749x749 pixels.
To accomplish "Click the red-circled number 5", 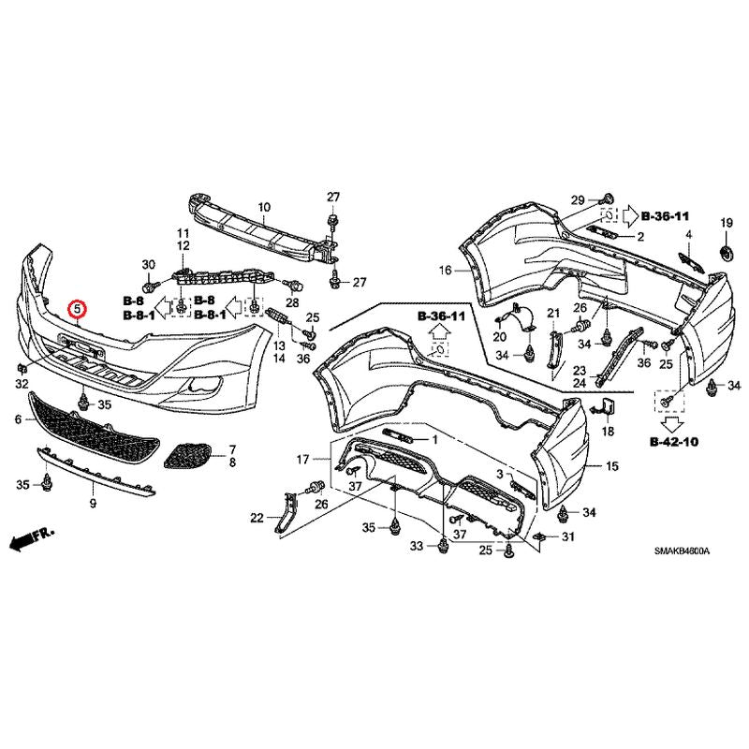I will [x=79, y=307].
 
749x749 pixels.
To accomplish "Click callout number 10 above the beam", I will [x=263, y=207].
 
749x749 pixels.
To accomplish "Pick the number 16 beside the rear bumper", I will [x=444, y=271].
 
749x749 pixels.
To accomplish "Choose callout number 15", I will [x=612, y=465].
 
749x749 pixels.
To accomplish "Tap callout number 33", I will [x=416, y=545].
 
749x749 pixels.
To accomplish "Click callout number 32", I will [x=21, y=384].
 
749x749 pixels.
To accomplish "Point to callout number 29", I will [x=578, y=200].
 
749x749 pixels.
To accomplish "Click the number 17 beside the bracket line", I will [x=302, y=460].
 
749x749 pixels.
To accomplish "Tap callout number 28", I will [x=292, y=303].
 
